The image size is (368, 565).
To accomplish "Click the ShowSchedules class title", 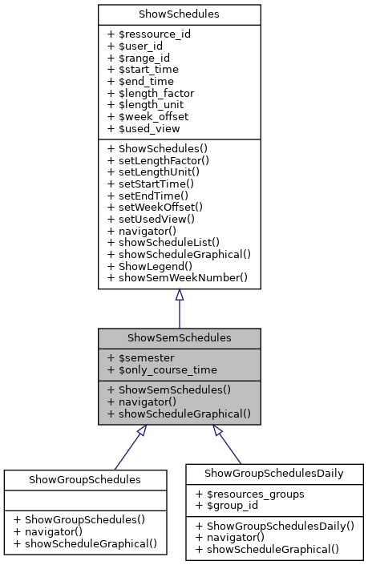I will click(179, 14).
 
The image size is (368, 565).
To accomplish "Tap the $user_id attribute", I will click(136, 46).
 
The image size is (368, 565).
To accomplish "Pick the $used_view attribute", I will click(144, 127).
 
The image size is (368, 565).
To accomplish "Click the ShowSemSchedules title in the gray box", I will click(179, 339).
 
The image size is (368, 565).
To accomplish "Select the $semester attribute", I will click(141, 358).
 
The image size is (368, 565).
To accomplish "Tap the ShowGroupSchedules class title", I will click(85, 479).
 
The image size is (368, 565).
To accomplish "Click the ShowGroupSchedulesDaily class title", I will click(274, 474).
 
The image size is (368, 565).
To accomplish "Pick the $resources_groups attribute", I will click(249, 494).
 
